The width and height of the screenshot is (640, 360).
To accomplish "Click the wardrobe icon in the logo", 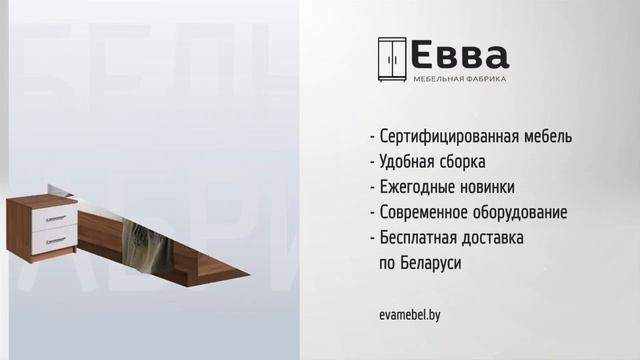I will click(x=391, y=60).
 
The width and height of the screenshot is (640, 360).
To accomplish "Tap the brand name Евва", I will click(x=461, y=55).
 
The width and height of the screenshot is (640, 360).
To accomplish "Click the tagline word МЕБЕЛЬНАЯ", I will click(x=439, y=79).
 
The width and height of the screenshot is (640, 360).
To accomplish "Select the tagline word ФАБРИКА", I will click(x=487, y=79).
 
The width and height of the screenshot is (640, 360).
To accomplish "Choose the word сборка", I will click(x=467, y=162).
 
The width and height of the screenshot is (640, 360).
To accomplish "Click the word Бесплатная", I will click(x=419, y=238).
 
